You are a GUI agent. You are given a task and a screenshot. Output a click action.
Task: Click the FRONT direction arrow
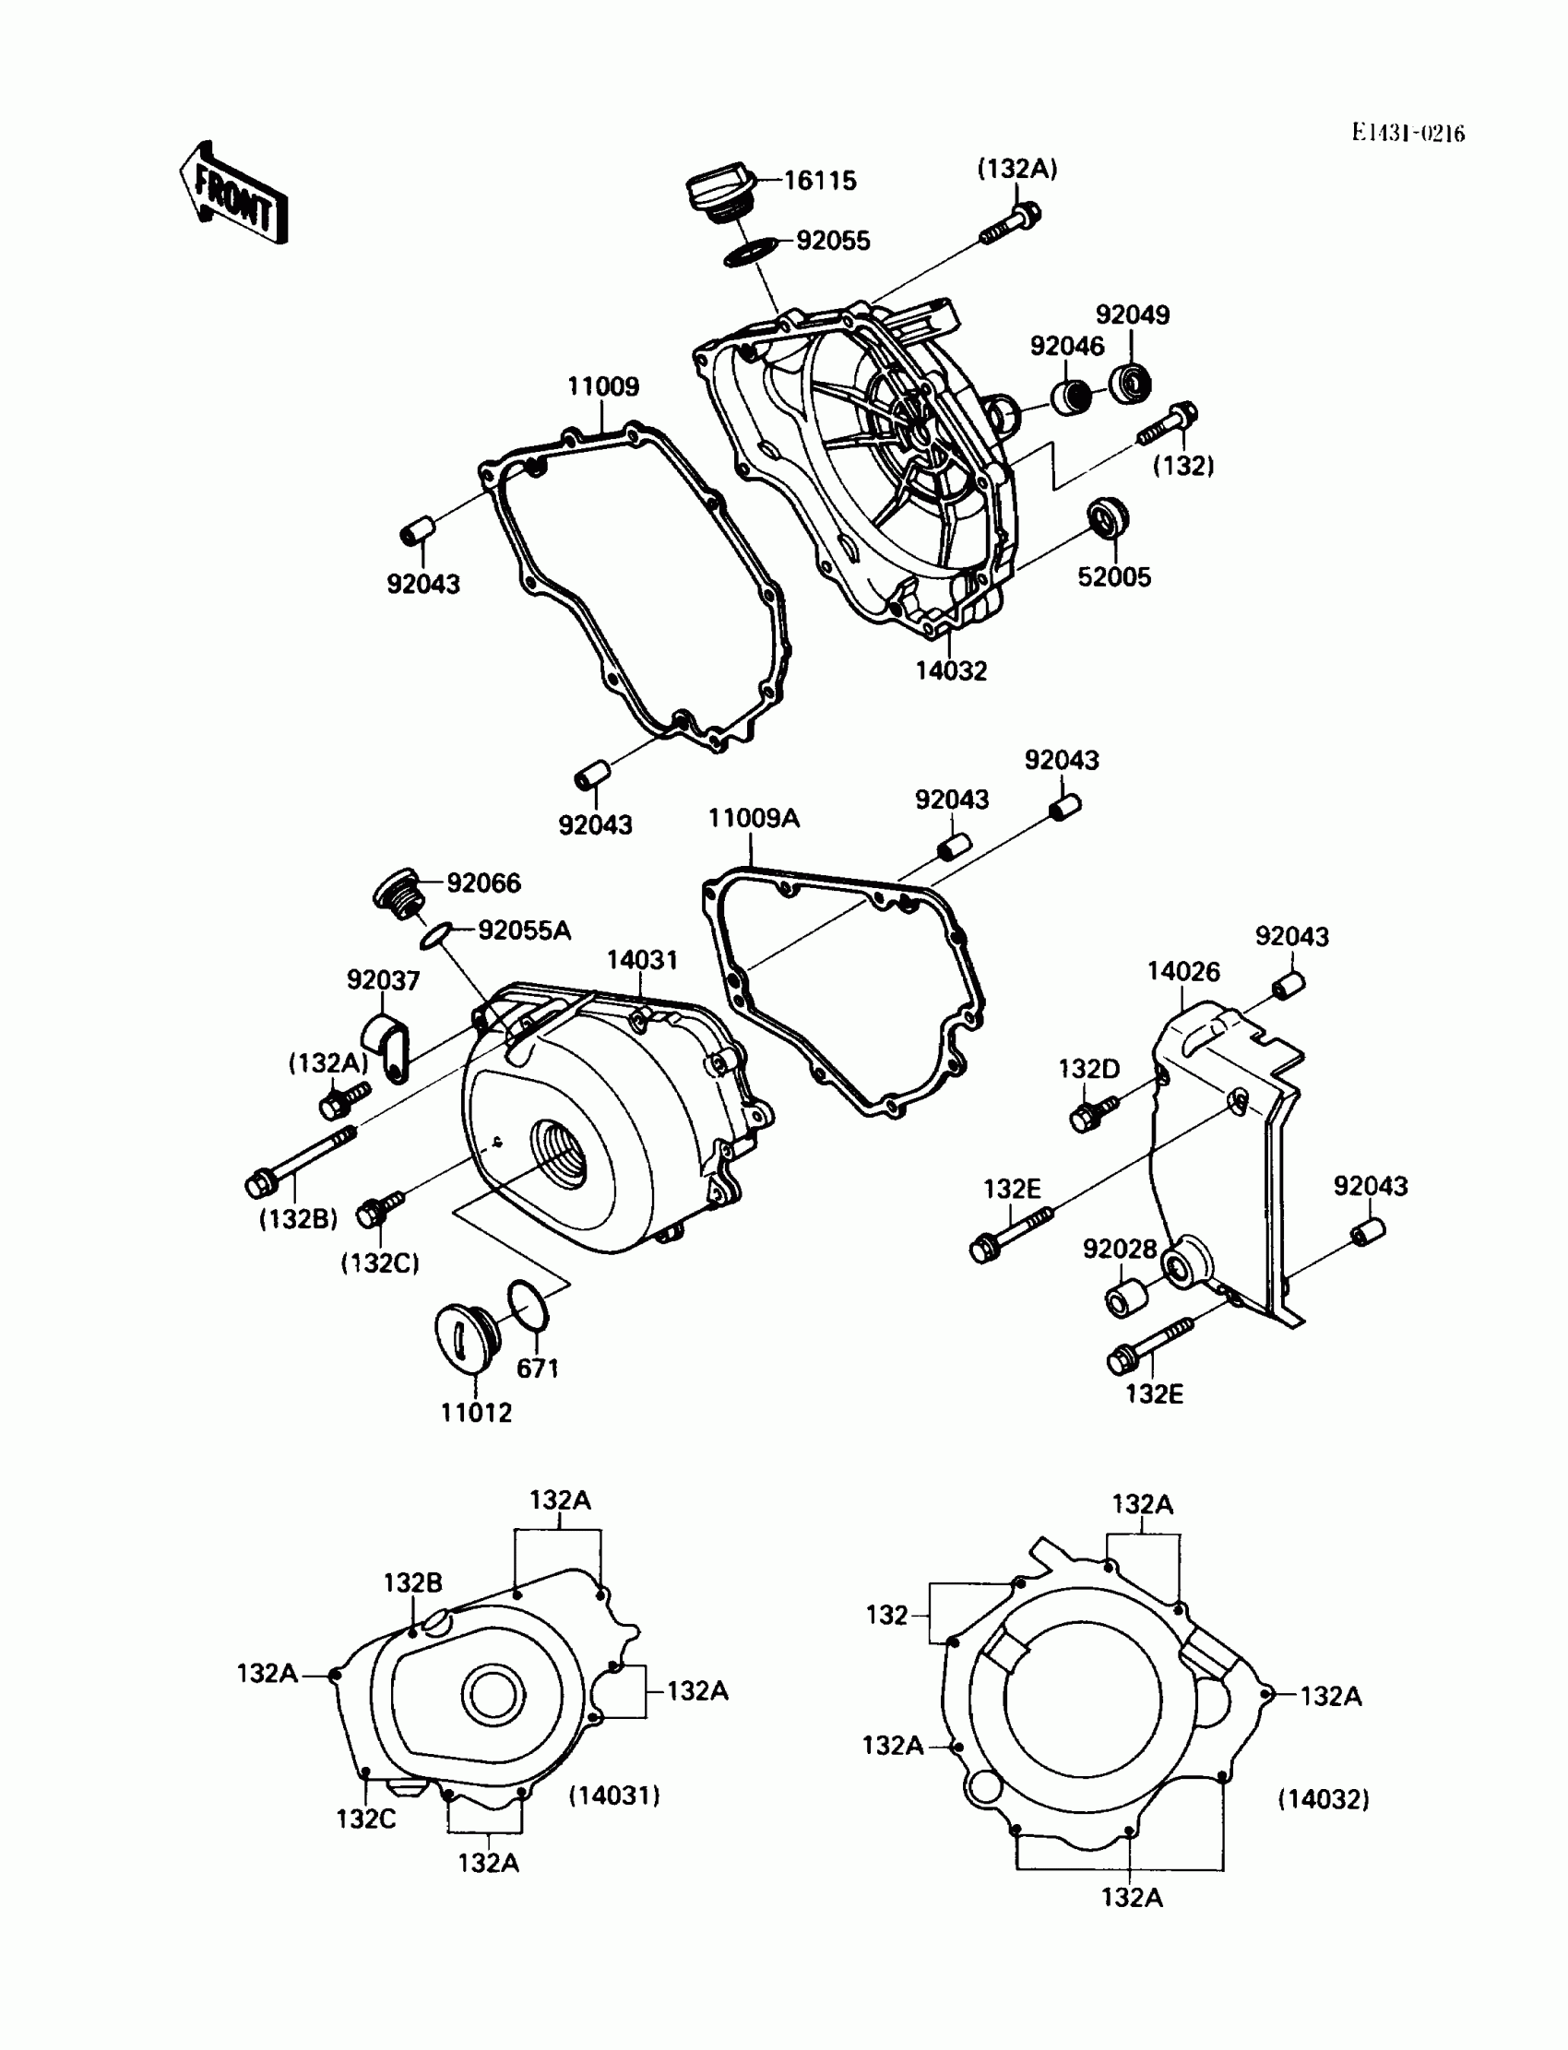point(233,194)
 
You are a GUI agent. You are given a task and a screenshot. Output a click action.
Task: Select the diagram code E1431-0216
point(1408,134)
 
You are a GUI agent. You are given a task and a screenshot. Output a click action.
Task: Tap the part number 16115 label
point(819,180)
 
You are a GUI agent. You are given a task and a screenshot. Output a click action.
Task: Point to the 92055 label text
point(833,241)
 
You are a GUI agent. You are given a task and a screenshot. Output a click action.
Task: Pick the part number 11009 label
point(603,386)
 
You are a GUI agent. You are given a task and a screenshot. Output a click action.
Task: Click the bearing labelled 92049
point(1130,382)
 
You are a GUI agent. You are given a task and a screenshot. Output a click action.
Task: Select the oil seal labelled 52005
point(1108,518)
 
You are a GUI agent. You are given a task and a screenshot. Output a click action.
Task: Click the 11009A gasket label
point(754,818)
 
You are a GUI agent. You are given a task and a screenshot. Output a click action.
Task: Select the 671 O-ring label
point(538,1368)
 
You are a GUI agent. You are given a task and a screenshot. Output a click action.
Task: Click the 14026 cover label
point(1182,971)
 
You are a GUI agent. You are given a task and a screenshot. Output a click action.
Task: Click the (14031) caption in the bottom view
point(614,1795)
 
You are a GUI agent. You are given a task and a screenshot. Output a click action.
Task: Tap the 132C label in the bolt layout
point(366,1818)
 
